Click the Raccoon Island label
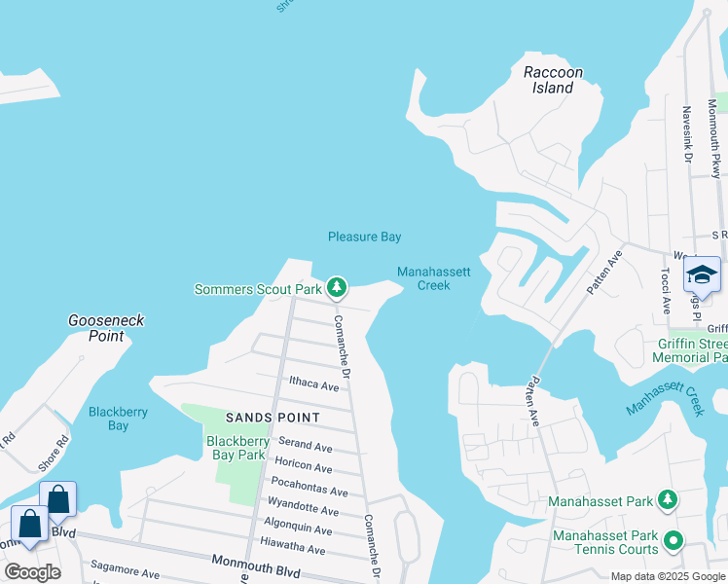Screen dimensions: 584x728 (553, 80)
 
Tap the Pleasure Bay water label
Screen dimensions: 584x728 (364, 237)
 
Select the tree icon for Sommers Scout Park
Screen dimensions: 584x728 (336, 287)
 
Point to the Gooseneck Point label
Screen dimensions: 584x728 (96, 328)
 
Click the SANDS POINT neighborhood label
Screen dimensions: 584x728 (273, 418)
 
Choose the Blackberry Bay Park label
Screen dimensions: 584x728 (236, 448)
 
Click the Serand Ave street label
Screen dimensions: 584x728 (306, 447)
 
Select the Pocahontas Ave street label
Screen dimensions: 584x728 (309, 492)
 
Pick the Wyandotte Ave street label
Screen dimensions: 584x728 (304, 511)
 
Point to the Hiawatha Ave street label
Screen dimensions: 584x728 (296, 549)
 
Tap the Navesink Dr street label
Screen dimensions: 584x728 (687, 133)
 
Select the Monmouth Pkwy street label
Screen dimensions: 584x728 (713, 131)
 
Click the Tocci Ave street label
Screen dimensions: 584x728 (667, 292)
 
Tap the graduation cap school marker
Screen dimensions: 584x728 (702, 274)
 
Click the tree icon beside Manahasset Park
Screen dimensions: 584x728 (667, 500)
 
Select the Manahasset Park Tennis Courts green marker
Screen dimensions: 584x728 (673, 538)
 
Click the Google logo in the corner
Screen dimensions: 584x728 (32, 571)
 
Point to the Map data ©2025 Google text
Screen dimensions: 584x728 (667, 576)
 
